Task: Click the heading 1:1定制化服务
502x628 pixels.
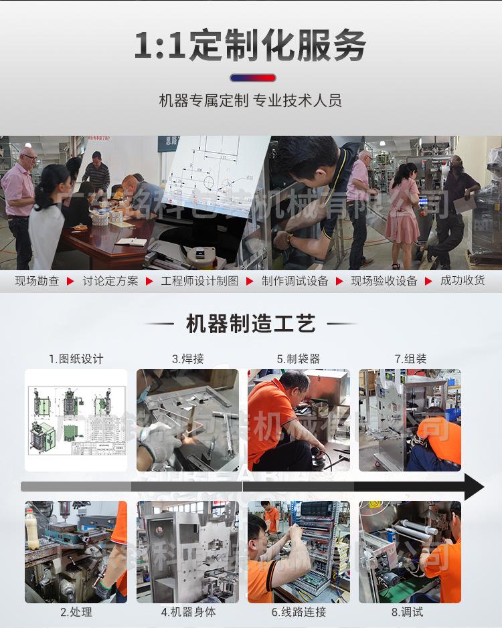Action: (x=250, y=45)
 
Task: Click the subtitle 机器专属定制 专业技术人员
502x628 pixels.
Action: (x=250, y=101)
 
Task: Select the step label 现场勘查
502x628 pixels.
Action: (x=37, y=281)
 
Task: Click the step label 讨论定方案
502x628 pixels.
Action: (x=110, y=281)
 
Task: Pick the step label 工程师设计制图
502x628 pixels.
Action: (x=199, y=281)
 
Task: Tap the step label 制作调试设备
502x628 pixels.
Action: (x=295, y=281)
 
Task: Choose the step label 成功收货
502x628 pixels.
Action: (x=463, y=281)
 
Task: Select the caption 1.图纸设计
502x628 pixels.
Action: (x=76, y=359)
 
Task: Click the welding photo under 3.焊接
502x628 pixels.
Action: (x=187, y=420)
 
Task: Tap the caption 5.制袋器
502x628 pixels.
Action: (x=299, y=359)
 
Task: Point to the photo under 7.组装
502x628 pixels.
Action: (x=410, y=420)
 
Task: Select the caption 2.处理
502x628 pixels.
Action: (x=76, y=612)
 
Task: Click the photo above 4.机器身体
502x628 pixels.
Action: (x=187, y=552)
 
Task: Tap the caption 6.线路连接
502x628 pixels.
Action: (x=299, y=612)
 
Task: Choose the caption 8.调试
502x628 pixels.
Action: (x=410, y=612)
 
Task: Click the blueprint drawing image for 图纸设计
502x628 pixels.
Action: (x=76, y=420)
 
